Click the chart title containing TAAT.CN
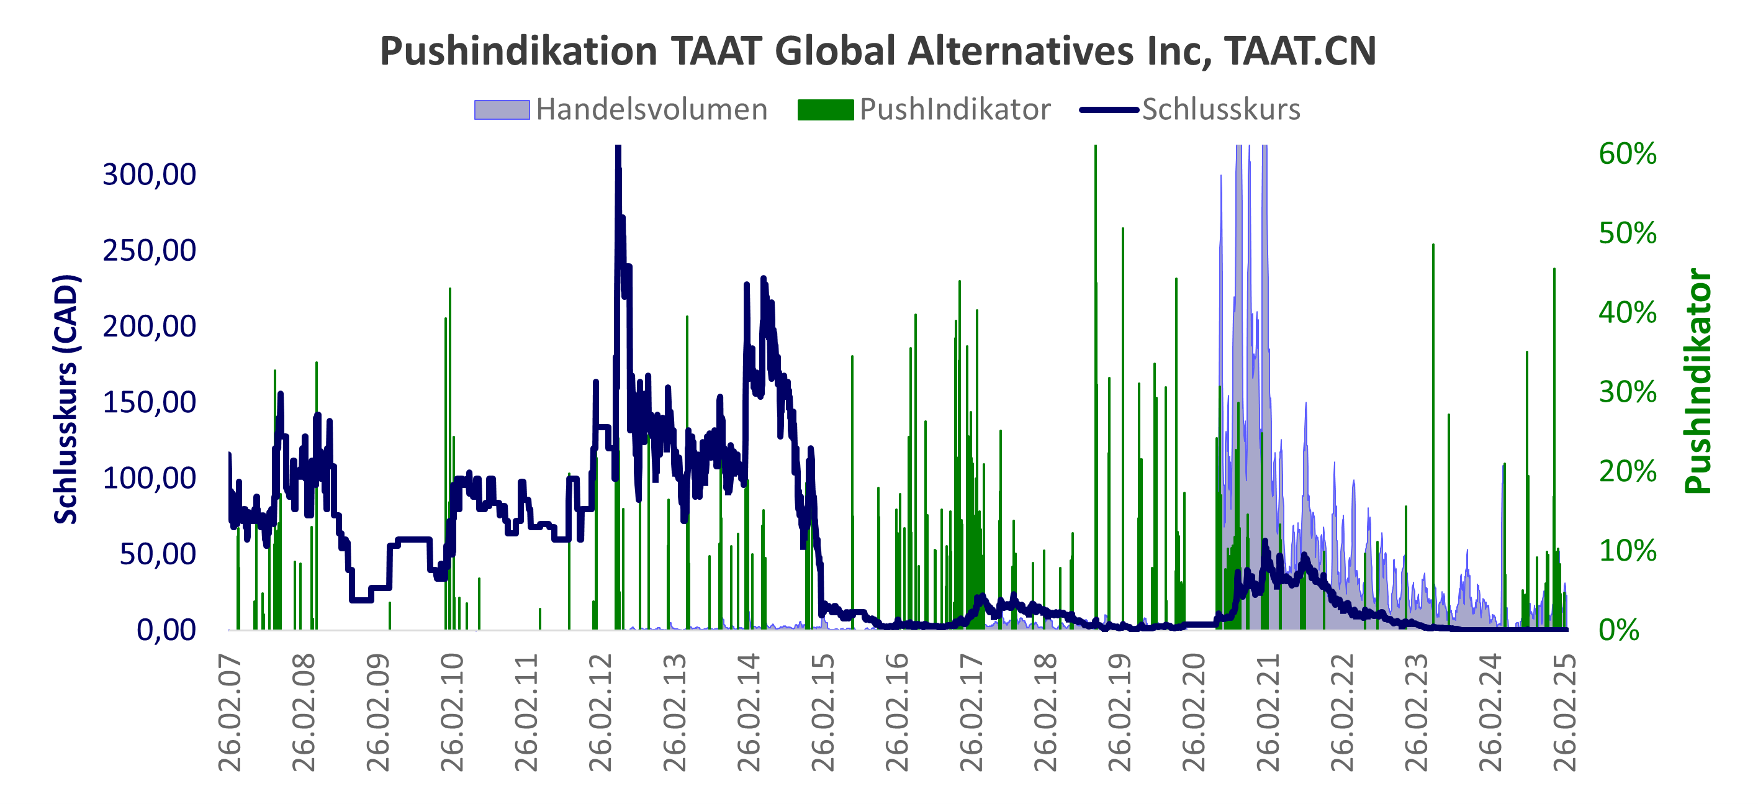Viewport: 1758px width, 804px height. [878, 51]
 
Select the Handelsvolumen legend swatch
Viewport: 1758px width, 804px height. [502, 110]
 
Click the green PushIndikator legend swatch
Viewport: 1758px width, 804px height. [825, 110]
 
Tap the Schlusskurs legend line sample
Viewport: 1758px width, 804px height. [1109, 110]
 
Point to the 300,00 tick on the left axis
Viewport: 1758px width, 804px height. [149, 174]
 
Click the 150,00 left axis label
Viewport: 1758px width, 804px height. [149, 403]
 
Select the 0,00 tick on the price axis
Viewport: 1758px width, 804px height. [166, 630]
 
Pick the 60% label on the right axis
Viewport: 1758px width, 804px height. [1627, 154]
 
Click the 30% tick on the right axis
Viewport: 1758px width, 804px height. [1627, 392]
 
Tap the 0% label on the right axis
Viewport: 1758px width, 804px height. [1619, 630]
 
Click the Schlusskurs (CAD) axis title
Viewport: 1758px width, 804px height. [66, 399]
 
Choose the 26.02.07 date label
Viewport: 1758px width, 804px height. [230, 713]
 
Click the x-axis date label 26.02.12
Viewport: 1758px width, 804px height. [600, 713]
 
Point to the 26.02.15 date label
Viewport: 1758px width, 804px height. [823, 713]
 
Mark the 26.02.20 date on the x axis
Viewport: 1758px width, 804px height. [1194, 713]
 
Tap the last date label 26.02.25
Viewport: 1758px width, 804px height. [1565, 713]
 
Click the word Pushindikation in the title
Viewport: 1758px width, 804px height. [519, 51]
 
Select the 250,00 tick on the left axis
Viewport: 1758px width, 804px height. [149, 250]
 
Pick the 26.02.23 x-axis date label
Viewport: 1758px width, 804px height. [1417, 713]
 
